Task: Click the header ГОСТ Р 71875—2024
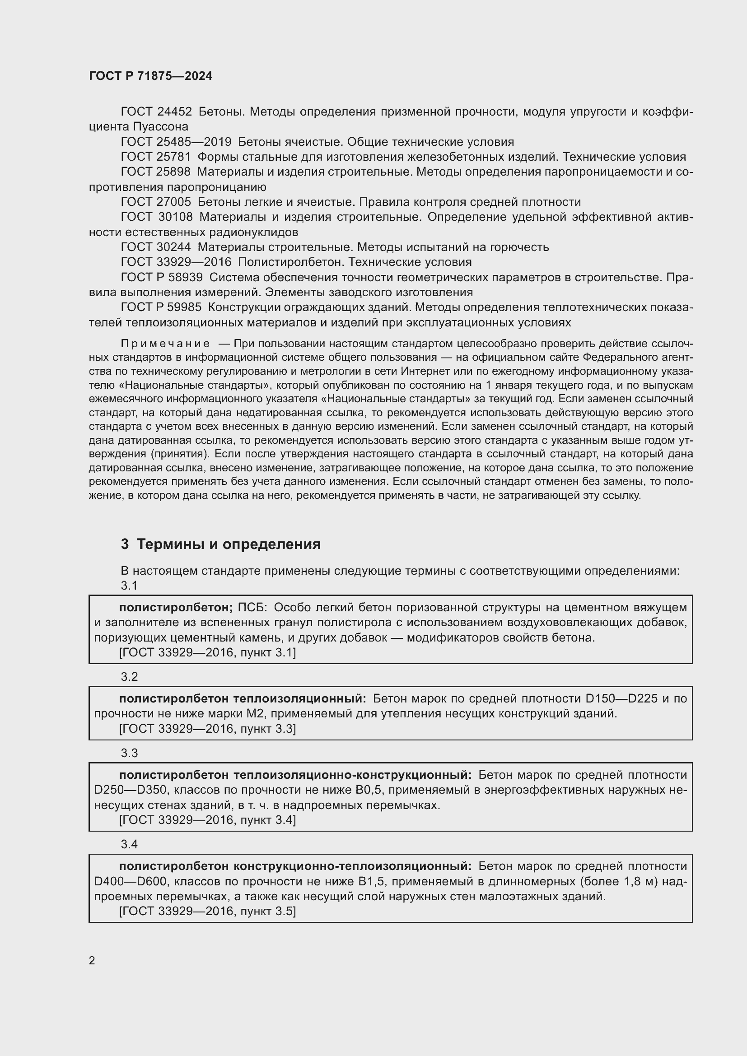[150, 76]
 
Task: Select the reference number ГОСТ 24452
[156, 112]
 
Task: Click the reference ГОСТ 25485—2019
[176, 142]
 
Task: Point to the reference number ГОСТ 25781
[156, 157]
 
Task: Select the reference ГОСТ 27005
[156, 202]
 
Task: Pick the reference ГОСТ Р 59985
[161, 307]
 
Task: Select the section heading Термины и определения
[229, 544]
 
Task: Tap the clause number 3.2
[129, 677]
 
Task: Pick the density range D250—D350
[130, 790]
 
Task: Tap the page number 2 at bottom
[92, 960]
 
